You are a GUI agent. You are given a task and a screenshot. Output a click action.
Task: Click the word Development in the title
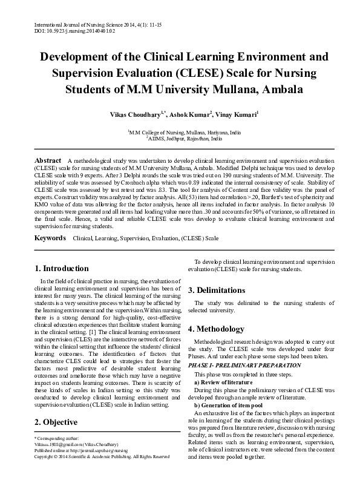click(74, 58)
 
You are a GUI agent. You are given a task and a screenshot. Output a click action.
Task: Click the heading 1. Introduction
click(62, 268)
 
